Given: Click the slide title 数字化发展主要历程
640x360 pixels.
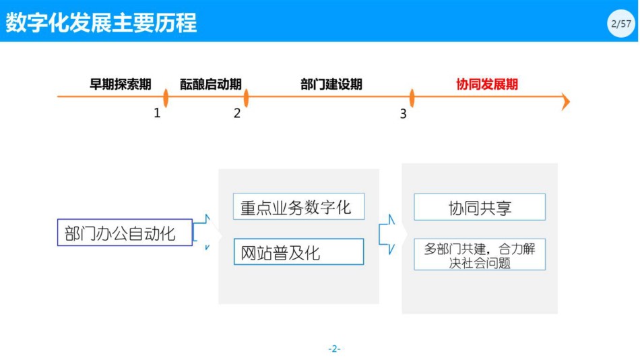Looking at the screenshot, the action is (101, 22).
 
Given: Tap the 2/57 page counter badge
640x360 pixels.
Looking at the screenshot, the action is (621, 24).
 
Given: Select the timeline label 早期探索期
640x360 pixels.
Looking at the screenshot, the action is (121, 84).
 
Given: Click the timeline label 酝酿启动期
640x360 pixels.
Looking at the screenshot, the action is (211, 84).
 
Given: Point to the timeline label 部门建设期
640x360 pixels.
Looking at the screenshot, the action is (331, 84).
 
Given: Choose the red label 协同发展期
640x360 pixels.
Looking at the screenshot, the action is (487, 84).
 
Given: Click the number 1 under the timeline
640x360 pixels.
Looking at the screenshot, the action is (157, 113).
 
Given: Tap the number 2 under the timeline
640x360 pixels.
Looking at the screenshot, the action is (237, 113).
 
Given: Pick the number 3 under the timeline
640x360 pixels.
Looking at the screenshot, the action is (404, 113).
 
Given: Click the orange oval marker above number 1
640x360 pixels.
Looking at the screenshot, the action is (166, 98).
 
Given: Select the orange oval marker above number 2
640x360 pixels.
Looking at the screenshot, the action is (246, 98).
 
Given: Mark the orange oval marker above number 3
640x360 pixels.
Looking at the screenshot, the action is (412, 98).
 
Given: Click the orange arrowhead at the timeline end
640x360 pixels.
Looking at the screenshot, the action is (566, 101).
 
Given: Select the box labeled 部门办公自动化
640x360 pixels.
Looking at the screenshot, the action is (125, 233).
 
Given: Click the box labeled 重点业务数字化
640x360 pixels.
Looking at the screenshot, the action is (298, 206).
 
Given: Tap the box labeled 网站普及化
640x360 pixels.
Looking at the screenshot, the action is (298, 251).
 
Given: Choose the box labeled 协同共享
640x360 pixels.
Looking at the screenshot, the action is (480, 207).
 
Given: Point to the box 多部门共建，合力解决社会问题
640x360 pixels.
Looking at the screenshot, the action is (480, 255).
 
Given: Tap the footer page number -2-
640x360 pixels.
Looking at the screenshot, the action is (334, 349).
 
